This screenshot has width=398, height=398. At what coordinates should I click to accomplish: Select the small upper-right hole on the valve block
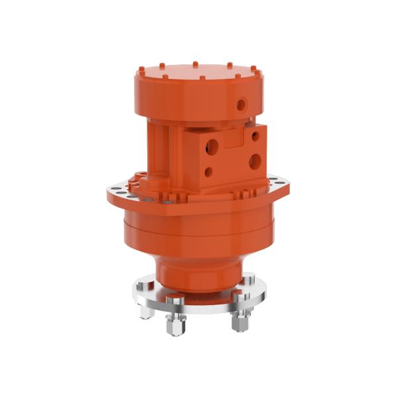(x=253, y=137)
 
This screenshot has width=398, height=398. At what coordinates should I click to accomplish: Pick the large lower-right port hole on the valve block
(x=255, y=161)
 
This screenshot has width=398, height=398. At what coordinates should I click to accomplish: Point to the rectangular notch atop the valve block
(x=233, y=137)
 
